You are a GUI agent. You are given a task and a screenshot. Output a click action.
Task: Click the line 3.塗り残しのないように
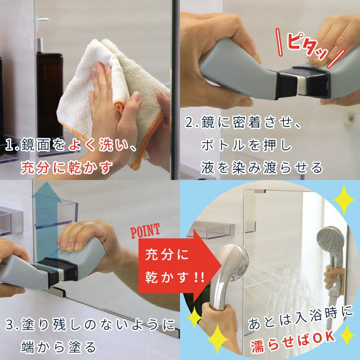point(90,324)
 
